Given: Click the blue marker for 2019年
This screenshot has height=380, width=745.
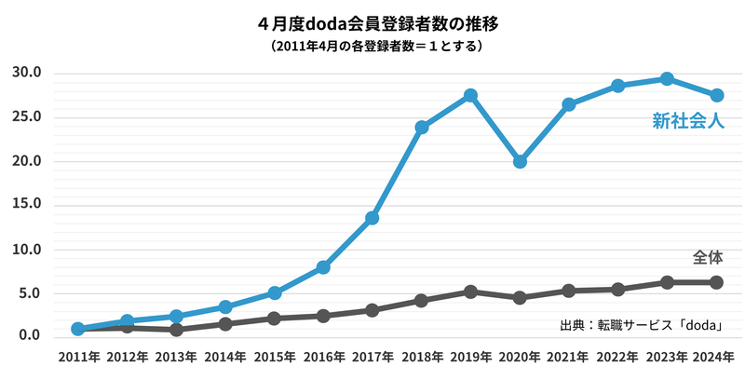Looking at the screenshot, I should (x=470, y=95).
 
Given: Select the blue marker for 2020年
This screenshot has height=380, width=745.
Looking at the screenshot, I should (x=520, y=161).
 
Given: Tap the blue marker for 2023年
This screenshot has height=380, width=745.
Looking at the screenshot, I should (x=667, y=78).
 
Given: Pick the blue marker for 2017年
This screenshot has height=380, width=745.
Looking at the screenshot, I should (x=372, y=218).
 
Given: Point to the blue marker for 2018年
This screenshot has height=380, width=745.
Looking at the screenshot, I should (x=421, y=127).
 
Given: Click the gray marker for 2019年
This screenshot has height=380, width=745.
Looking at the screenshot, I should (x=470, y=292).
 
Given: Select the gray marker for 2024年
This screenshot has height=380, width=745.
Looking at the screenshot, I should (x=716, y=282).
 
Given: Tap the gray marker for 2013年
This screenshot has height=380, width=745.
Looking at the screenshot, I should (x=176, y=330).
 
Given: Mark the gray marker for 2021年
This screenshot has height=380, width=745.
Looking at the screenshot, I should (x=568, y=291).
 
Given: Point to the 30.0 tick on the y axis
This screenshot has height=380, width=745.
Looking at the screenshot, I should (x=27, y=73).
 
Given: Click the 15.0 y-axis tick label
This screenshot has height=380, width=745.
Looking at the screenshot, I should (x=27, y=204).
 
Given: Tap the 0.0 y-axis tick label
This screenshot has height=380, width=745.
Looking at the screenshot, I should (x=31, y=335).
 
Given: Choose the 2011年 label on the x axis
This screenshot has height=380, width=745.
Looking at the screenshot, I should (x=78, y=357).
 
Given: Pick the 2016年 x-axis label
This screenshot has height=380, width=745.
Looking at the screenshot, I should (x=323, y=357).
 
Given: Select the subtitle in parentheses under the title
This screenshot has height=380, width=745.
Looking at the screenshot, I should (x=372, y=45).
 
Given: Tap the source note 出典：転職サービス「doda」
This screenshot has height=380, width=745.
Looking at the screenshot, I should (x=642, y=325).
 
